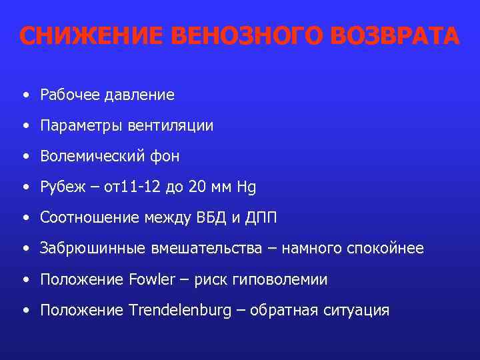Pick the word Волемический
coord(90,157)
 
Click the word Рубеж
coord(59,187)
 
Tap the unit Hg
coord(247,187)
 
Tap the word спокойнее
coord(385,249)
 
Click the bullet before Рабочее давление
coord(25,95)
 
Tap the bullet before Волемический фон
coord(25,157)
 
